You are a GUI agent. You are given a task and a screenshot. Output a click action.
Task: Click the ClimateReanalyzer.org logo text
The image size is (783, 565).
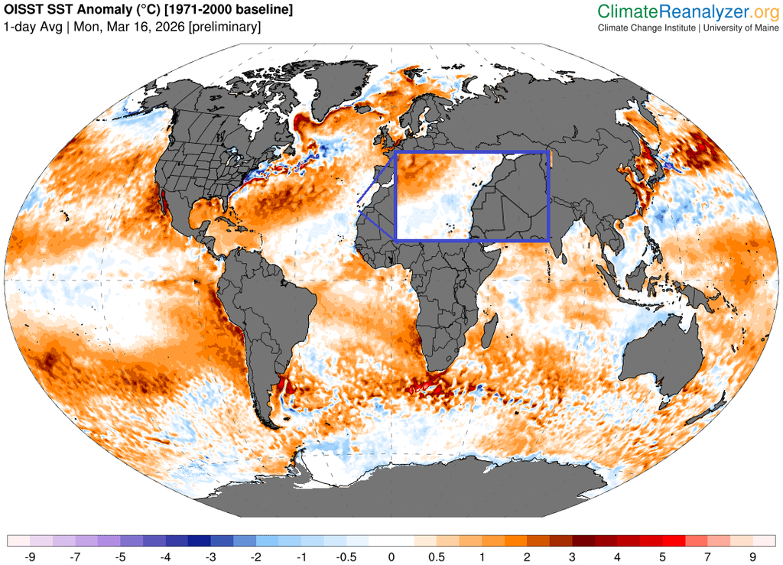[x=687, y=11]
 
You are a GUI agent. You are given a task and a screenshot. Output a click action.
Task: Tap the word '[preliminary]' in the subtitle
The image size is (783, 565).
[x=225, y=27]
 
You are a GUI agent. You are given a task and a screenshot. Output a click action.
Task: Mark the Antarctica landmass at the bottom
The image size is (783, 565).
[x=459, y=489]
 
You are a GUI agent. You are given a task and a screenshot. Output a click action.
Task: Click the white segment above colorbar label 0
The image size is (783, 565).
[x=391, y=541]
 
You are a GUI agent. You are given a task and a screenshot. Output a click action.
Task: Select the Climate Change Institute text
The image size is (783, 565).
[x=646, y=28]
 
